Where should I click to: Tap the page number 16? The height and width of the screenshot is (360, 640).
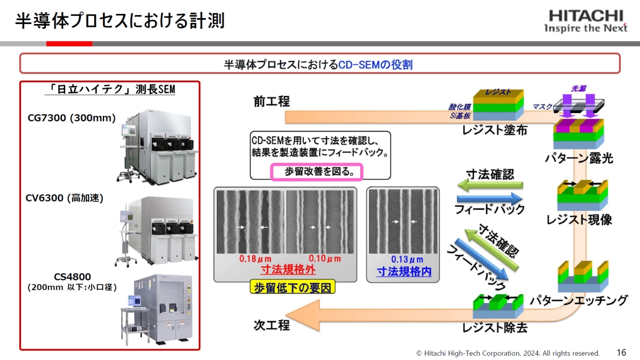click(x=621, y=353)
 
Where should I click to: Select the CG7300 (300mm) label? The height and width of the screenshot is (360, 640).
click(x=71, y=118)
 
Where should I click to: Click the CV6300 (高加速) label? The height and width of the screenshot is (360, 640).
click(x=65, y=198)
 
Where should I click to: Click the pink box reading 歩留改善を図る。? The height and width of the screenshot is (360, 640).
click(x=317, y=172)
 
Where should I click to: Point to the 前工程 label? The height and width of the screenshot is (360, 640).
click(x=271, y=101)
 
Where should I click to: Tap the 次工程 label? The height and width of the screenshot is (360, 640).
click(x=271, y=325)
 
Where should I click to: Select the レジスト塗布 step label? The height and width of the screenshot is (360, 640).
click(x=495, y=130)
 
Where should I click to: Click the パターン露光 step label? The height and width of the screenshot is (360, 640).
click(x=579, y=158)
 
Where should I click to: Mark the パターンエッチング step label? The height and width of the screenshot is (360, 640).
click(x=578, y=300)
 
